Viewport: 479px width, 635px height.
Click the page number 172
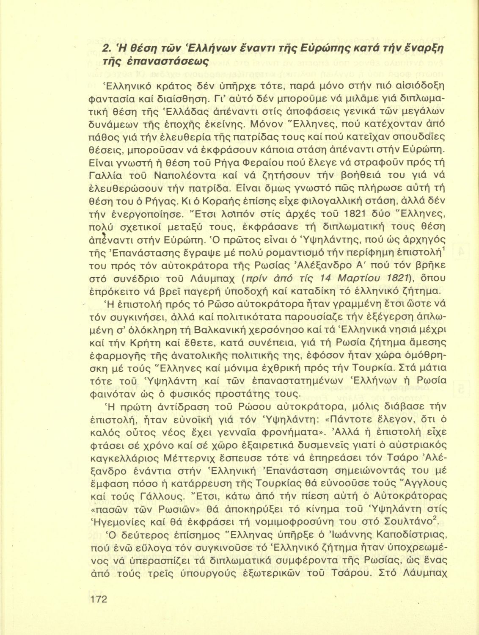click(98, 599)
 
